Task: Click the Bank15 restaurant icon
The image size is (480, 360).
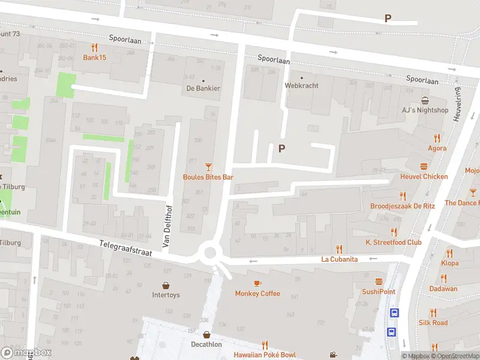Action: point(94,47)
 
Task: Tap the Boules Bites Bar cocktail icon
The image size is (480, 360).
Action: point(208,166)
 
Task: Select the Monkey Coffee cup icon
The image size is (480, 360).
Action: point(257,283)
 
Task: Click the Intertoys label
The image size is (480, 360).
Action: point(166,295)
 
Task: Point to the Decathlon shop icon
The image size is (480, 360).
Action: point(206,335)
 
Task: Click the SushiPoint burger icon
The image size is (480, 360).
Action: point(379,281)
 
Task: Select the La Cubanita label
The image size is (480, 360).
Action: point(339,259)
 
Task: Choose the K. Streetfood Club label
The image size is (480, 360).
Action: point(394,242)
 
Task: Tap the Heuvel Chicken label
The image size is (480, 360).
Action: point(424,176)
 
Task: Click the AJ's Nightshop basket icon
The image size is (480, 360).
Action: point(425,100)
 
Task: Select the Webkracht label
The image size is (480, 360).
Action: point(301,86)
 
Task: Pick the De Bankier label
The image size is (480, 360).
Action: point(203,89)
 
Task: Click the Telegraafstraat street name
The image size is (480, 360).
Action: point(125,246)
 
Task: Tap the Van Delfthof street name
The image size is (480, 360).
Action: point(167,225)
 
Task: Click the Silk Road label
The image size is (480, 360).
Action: point(433,323)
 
